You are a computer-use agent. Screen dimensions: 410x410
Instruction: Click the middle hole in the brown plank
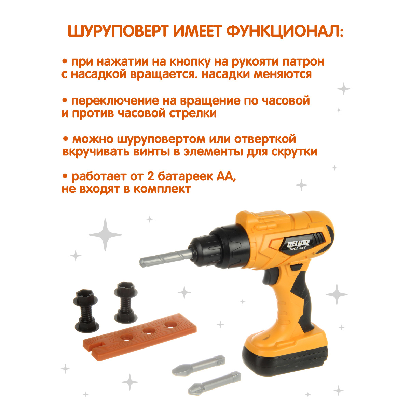[x=149, y=330]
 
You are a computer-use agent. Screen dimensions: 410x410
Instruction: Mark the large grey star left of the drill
[x=105, y=235]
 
